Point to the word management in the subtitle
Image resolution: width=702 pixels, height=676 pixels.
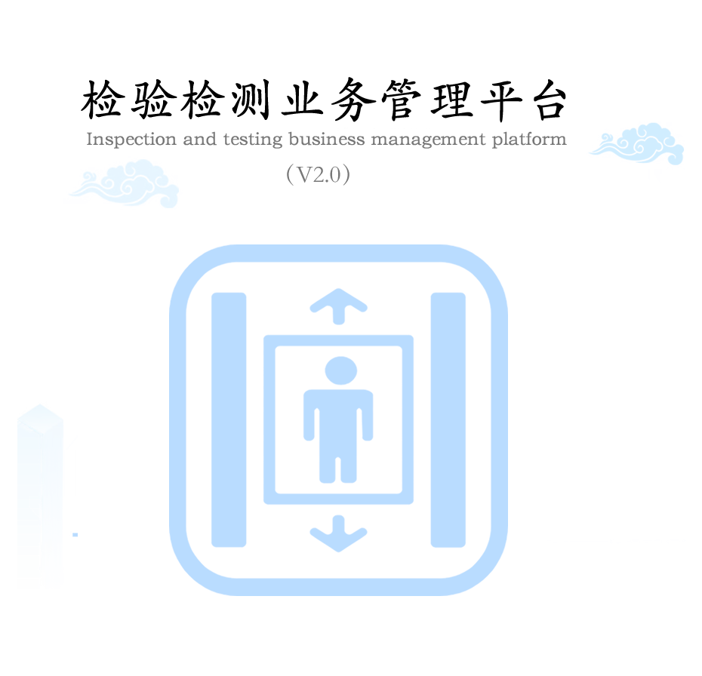pos(422,140)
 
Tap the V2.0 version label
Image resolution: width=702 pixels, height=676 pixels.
pos(318,176)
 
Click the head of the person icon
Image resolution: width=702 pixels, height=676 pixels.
pos(340,371)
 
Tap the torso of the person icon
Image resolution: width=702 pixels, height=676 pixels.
pos(338,415)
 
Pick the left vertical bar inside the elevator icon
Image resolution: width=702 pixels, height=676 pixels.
pos(229,419)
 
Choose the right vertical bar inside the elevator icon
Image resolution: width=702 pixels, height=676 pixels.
pos(448,419)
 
